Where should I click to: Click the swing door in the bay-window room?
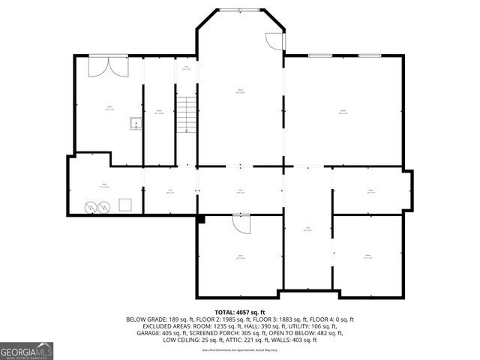click(273, 41)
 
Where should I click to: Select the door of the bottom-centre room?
click(240, 223)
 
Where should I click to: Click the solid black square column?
click(200, 219)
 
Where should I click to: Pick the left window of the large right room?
click(321, 55)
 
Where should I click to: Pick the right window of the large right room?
click(368, 55)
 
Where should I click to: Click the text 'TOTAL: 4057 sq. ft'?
click(240, 312)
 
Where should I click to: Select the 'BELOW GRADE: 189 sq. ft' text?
click(155, 319)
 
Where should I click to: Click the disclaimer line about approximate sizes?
click(240, 349)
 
